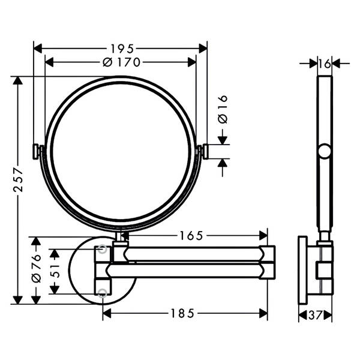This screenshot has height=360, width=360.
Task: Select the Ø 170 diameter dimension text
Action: point(121,62)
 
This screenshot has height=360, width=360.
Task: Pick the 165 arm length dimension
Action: point(191,236)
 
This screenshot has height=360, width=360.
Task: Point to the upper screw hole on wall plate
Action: point(103,248)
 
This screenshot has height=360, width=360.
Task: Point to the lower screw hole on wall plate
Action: point(103,293)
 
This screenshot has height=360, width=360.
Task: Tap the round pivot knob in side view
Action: point(324,151)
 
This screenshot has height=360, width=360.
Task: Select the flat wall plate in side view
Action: point(302,271)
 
